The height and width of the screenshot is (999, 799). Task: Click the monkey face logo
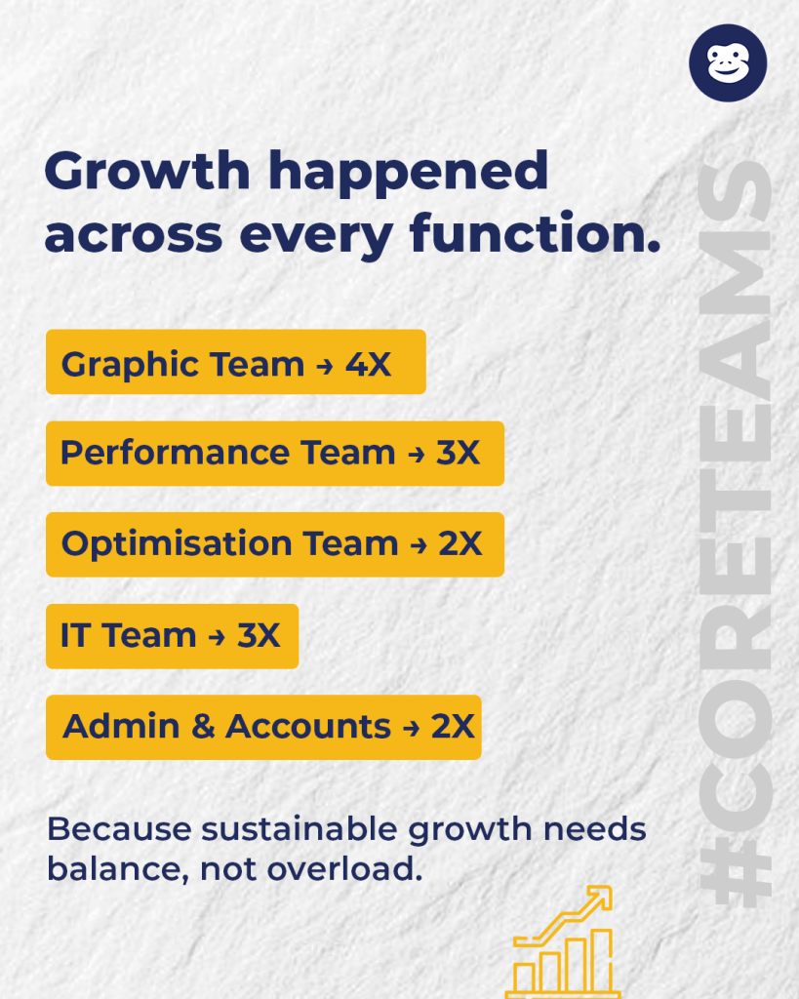click(x=728, y=62)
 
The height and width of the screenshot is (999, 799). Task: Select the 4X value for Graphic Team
click(x=368, y=364)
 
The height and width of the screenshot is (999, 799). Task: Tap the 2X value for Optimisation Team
click(x=459, y=543)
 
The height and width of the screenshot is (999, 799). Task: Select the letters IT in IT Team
click(x=76, y=635)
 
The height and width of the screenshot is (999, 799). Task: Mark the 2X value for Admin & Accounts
click(x=453, y=727)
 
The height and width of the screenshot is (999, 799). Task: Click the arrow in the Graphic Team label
click(x=324, y=365)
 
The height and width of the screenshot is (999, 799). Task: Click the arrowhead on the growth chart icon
click(x=600, y=896)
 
